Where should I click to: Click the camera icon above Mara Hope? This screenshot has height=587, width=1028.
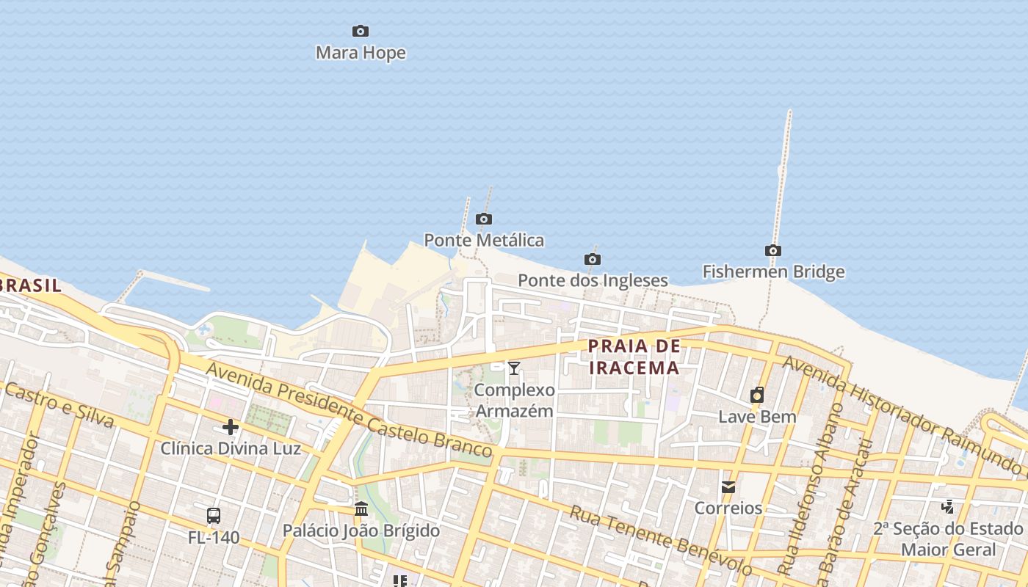361,31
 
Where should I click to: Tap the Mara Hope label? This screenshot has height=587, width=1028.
361,53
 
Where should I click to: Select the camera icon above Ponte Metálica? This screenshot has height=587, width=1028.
484,219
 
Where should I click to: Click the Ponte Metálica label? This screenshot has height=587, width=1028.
484,240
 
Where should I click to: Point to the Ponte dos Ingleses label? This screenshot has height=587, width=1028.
593,280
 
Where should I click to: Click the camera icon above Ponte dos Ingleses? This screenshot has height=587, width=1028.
593,259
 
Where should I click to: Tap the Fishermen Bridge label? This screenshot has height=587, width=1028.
773,271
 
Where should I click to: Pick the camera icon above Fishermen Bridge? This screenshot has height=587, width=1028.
773,251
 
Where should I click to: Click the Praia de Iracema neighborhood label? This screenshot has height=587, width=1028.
634,357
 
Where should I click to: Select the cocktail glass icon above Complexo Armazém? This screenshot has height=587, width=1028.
514,368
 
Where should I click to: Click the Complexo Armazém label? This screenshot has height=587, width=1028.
514,400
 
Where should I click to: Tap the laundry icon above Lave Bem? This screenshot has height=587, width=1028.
757,395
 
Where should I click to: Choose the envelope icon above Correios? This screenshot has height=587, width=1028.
728,486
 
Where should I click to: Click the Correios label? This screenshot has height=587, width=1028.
728,508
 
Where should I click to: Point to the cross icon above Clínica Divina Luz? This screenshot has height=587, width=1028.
231,427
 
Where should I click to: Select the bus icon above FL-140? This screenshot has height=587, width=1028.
214,516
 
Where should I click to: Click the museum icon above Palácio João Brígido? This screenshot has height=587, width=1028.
361,508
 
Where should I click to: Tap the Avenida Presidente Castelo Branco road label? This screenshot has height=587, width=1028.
348,409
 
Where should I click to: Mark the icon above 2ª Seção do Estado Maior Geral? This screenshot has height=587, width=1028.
948,506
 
